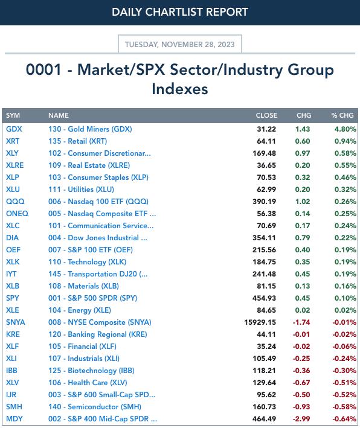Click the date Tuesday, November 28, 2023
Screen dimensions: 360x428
pyautogui.click(x=180, y=44)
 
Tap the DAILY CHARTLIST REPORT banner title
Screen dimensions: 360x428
pyautogui.click(x=180, y=12)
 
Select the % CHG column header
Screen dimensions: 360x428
pyautogui.click(x=342, y=115)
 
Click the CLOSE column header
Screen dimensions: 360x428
pyautogui.click(x=266, y=115)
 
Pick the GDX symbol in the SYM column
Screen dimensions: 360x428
pyautogui.click(x=14, y=129)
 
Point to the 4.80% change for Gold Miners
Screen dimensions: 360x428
pyautogui.click(x=346, y=129)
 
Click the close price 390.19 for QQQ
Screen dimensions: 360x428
pyautogui.click(x=264, y=202)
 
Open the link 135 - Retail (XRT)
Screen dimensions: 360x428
pyautogui.click(x=77, y=141)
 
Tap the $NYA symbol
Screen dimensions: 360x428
pyautogui.click(x=16, y=322)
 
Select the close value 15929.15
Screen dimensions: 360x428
pyautogui.click(x=260, y=322)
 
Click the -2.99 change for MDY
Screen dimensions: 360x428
pyautogui.click(x=301, y=419)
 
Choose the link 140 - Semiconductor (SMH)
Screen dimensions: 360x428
pyautogui.click(x=95, y=407)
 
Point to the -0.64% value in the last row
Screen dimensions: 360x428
pyautogui.click(x=344, y=419)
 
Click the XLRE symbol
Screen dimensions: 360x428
pyautogui.click(x=14, y=165)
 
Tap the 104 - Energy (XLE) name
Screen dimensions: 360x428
pyautogui.click(x=80, y=310)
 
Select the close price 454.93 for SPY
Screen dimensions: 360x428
pyautogui.click(x=264, y=298)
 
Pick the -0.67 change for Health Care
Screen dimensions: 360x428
pyautogui.click(x=301, y=382)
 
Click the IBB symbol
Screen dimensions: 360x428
pyautogui.click(x=11, y=371)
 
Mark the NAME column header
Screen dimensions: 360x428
pyautogui.click(x=59, y=115)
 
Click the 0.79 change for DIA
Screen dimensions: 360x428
pyautogui.click(x=303, y=237)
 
